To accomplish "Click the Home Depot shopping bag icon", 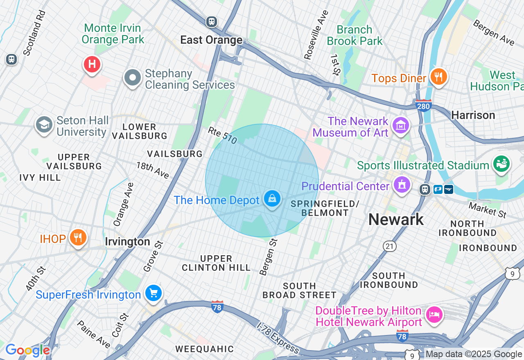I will click(x=272, y=199).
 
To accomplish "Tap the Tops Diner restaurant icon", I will click(x=438, y=76).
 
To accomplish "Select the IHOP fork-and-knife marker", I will click(x=77, y=237).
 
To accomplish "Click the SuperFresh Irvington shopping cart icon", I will click(x=154, y=293).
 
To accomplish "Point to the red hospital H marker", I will click(x=92, y=65).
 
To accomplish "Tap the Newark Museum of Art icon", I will click(x=401, y=126).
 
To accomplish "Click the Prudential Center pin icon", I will click(x=401, y=184).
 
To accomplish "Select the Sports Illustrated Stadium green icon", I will click(x=502, y=164).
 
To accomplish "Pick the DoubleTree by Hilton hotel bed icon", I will click(x=434, y=315).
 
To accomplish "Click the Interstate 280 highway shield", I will click(x=423, y=106).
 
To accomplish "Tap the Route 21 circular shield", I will click(x=389, y=246).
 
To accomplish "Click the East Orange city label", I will click(x=212, y=40).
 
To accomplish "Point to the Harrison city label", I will click(x=473, y=115).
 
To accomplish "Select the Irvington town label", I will click(x=127, y=242).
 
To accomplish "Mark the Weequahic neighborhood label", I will click(x=205, y=349).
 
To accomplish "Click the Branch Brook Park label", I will click(x=355, y=36).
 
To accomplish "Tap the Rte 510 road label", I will click(x=222, y=135).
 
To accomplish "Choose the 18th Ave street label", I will click(x=153, y=170).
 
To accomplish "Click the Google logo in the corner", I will click(x=27, y=350).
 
